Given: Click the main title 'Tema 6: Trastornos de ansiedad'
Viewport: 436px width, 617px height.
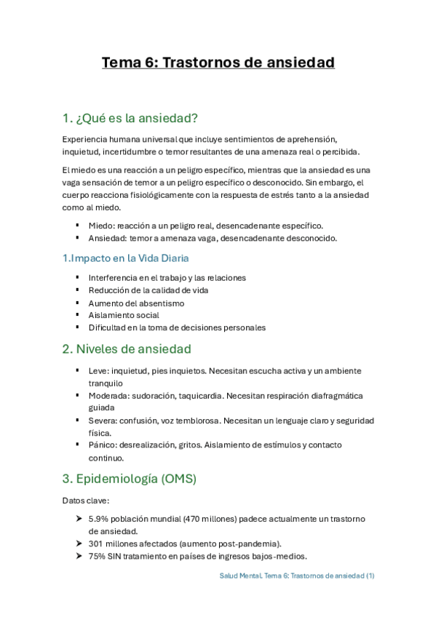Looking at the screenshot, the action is (x=218, y=63).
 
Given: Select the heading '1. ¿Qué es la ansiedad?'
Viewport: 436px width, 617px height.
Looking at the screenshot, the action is (x=130, y=118).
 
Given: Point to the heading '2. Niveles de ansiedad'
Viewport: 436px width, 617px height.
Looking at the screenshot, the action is (x=127, y=349).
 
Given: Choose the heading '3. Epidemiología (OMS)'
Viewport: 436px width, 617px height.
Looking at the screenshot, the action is (x=130, y=479).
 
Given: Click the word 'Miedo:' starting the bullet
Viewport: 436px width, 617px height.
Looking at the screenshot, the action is (x=101, y=226).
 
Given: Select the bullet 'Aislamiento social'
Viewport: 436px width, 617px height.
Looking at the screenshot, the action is (x=124, y=315).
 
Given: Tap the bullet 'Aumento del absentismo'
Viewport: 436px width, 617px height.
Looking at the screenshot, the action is (x=136, y=303).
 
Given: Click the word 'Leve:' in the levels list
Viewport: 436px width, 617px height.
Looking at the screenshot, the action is (x=99, y=370).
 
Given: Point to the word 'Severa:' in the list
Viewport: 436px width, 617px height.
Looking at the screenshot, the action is (x=103, y=420).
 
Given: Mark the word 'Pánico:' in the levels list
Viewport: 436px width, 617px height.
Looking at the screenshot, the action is (x=103, y=445).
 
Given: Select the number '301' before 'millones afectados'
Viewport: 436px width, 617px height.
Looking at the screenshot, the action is (x=95, y=544).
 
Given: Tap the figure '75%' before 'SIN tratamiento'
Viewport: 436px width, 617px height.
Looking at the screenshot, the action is (x=96, y=557).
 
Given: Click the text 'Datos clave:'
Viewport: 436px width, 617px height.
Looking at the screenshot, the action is (x=85, y=501).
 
